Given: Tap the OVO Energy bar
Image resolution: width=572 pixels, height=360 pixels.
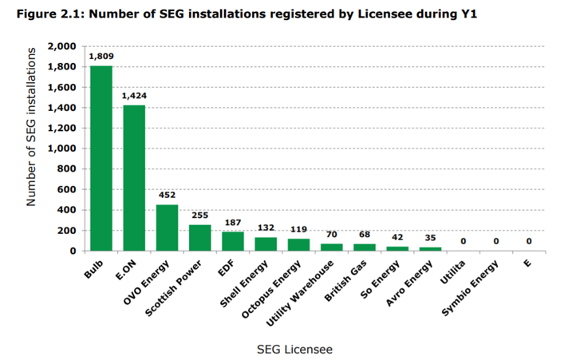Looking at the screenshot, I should tap(167, 227).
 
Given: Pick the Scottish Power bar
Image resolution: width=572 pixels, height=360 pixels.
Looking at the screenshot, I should tap(199, 238).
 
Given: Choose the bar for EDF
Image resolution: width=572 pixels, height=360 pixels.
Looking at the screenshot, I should tap(233, 241).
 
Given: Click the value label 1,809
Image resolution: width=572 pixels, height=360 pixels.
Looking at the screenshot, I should tap(101, 57).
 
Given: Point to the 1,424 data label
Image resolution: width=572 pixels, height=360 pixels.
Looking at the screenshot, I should tap(134, 96).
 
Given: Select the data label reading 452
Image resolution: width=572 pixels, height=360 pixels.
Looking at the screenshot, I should tap(167, 196).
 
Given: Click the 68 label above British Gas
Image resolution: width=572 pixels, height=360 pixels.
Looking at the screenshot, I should tap(365, 235).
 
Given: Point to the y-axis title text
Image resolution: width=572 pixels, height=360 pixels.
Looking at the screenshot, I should tap(32, 127).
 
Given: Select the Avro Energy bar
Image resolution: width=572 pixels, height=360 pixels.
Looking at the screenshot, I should tap(430, 249).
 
